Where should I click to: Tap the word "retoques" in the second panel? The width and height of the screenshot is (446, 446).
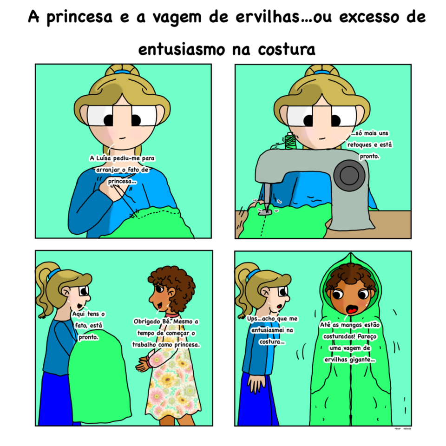pos(364,145)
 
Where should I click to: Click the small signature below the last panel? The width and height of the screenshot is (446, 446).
pos(399,429)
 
